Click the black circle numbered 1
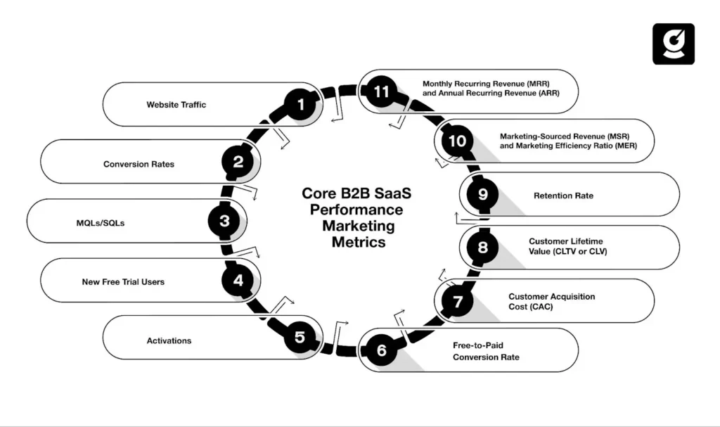[x=301, y=105]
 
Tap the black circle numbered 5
[x=300, y=338]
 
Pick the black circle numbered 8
[x=482, y=247]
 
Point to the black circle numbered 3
[x=224, y=221]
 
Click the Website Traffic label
[x=176, y=105]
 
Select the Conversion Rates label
[x=139, y=164]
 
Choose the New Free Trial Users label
[x=123, y=281]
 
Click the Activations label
[x=169, y=340]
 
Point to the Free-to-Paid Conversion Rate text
[x=486, y=351]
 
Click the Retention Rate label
[x=563, y=196]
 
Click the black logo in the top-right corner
[x=673, y=44]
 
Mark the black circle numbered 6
[x=382, y=350]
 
